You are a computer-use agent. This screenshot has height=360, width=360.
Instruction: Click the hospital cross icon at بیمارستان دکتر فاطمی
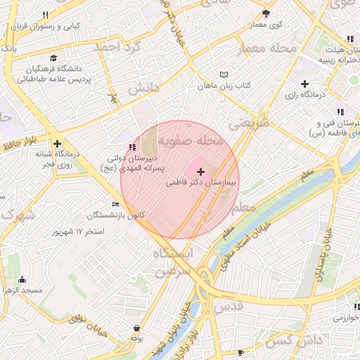coord(201,172)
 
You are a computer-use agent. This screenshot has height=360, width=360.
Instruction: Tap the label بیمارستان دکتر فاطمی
coord(202,182)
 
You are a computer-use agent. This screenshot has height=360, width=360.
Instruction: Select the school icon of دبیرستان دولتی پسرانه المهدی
coord(131,147)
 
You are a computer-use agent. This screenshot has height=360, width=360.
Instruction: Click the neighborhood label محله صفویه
coord(191,141)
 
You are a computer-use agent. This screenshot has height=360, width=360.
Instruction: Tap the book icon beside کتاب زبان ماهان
coord(224,74)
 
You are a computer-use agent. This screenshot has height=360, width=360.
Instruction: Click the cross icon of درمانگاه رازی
coord(304,84)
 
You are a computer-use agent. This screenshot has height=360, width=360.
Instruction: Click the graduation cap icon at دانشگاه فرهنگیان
coord(54,58)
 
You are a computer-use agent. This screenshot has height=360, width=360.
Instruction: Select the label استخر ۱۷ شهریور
coord(79,231)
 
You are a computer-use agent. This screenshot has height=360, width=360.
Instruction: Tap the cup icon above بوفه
coord(136,328)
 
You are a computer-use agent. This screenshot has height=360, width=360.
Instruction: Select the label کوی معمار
coord(266,25)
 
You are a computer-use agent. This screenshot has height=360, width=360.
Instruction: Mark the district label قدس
coord(228,307)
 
